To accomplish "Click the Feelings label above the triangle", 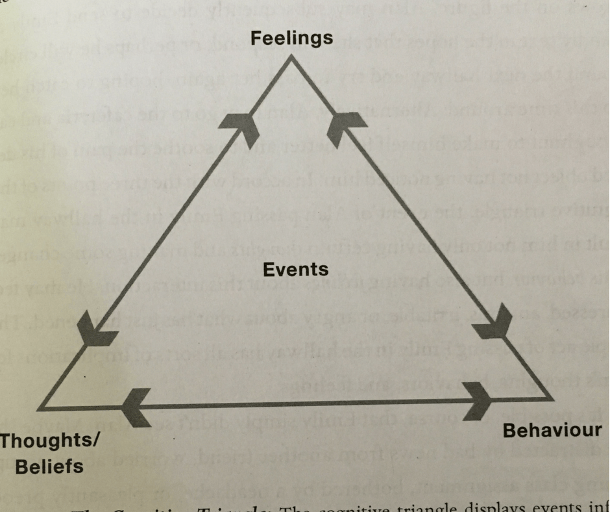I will [x=291, y=38].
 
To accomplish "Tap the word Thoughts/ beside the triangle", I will [x=49, y=441].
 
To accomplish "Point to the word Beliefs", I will [x=49, y=466].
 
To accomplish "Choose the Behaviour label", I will [x=552, y=430].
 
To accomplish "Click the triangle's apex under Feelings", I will [x=291, y=58].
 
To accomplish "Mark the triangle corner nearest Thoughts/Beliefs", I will [x=40, y=408].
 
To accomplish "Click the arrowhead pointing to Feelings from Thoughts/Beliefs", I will [x=241, y=129].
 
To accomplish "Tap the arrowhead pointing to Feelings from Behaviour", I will [x=339, y=128].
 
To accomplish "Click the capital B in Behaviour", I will [x=509, y=430].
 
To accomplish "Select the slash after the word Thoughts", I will [x=95, y=441].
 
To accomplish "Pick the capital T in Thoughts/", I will [x=6, y=441].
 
